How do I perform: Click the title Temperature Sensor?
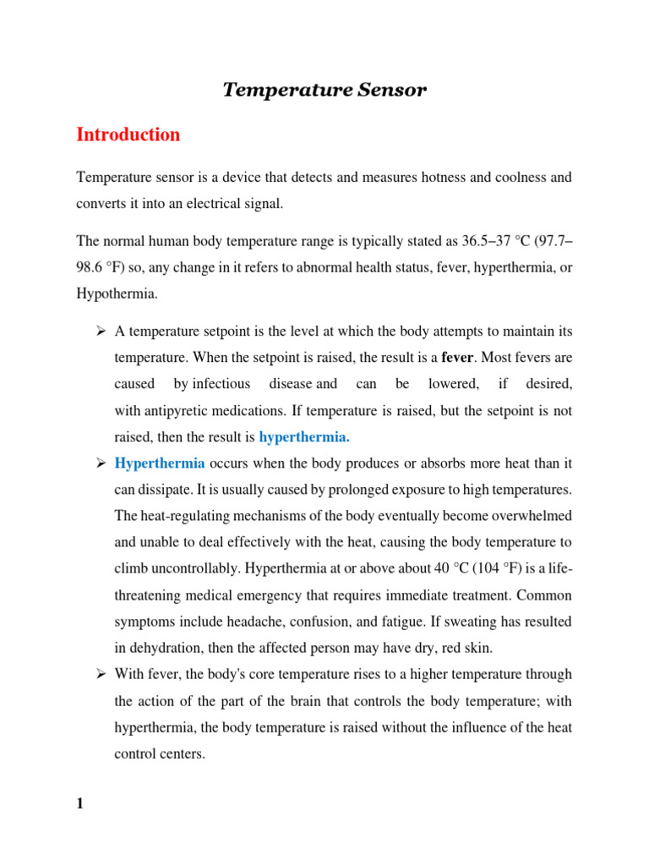coord(324,90)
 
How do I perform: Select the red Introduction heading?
coord(128,134)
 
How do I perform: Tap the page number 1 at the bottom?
coord(80,803)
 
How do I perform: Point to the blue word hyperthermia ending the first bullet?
coord(304,437)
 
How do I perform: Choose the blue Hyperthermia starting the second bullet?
coord(160,463)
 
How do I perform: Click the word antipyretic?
coord(180,411)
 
